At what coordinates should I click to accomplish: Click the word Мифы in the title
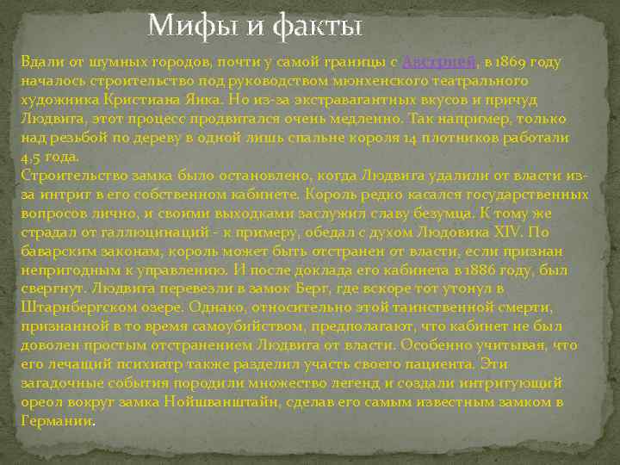point(181,27)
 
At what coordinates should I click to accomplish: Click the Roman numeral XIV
point(510,232)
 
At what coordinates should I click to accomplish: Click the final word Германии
point(54,421)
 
